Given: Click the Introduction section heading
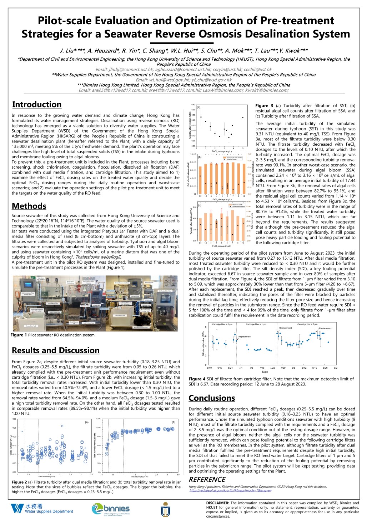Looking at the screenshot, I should coord(37,105).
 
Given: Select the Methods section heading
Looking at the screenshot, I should coord(29,206).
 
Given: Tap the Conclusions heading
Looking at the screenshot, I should coord(212,398).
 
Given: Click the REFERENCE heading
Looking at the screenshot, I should coord(207,479).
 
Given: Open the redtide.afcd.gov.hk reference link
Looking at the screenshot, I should coord(230,490).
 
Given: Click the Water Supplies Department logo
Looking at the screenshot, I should coord(42,509).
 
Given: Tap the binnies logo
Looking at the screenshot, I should coord(111,509).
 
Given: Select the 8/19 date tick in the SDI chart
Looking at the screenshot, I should coord(315,368).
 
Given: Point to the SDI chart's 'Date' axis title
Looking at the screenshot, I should coord(265,372).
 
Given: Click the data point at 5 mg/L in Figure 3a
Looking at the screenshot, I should coord(243,118).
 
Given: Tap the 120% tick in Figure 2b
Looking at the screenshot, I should coord(99,419).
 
